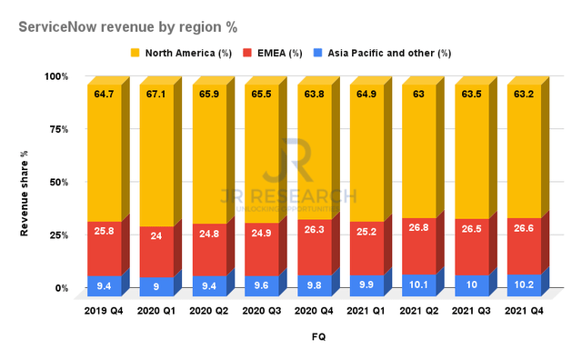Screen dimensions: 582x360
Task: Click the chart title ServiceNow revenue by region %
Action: pos(128,27)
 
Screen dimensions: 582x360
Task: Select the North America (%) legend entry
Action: pos(181,53)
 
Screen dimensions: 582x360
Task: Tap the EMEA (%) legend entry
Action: pos(273,53)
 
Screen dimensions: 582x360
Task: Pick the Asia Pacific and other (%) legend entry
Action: pos(382,53)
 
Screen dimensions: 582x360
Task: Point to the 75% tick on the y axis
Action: pos(59,129)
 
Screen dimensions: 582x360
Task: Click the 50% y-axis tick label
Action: pos(59,182)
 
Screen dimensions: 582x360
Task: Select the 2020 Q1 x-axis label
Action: pos(156,311)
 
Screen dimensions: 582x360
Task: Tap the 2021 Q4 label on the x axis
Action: pos(524,311)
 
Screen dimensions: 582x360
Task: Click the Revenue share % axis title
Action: pos(25,194)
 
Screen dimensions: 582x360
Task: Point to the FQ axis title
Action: pos(319,337)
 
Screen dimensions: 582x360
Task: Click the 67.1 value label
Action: pos(156,95)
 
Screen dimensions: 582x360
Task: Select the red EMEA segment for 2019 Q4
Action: pos(105,249)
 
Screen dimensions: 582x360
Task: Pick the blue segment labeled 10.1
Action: pos(419,285)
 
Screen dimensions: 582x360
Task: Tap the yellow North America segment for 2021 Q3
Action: pos(472,152)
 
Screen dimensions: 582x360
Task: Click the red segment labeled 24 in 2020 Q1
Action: pos(156,252)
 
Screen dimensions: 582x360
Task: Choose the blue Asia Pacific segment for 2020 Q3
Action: pos(262,285)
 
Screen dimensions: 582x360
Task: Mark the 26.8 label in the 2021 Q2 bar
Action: pos(418,227)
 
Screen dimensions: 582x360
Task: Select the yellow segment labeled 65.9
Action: pos(209,155)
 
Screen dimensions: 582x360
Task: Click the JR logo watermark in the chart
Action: pos(288,160)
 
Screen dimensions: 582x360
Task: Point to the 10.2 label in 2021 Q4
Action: pos(524,285)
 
